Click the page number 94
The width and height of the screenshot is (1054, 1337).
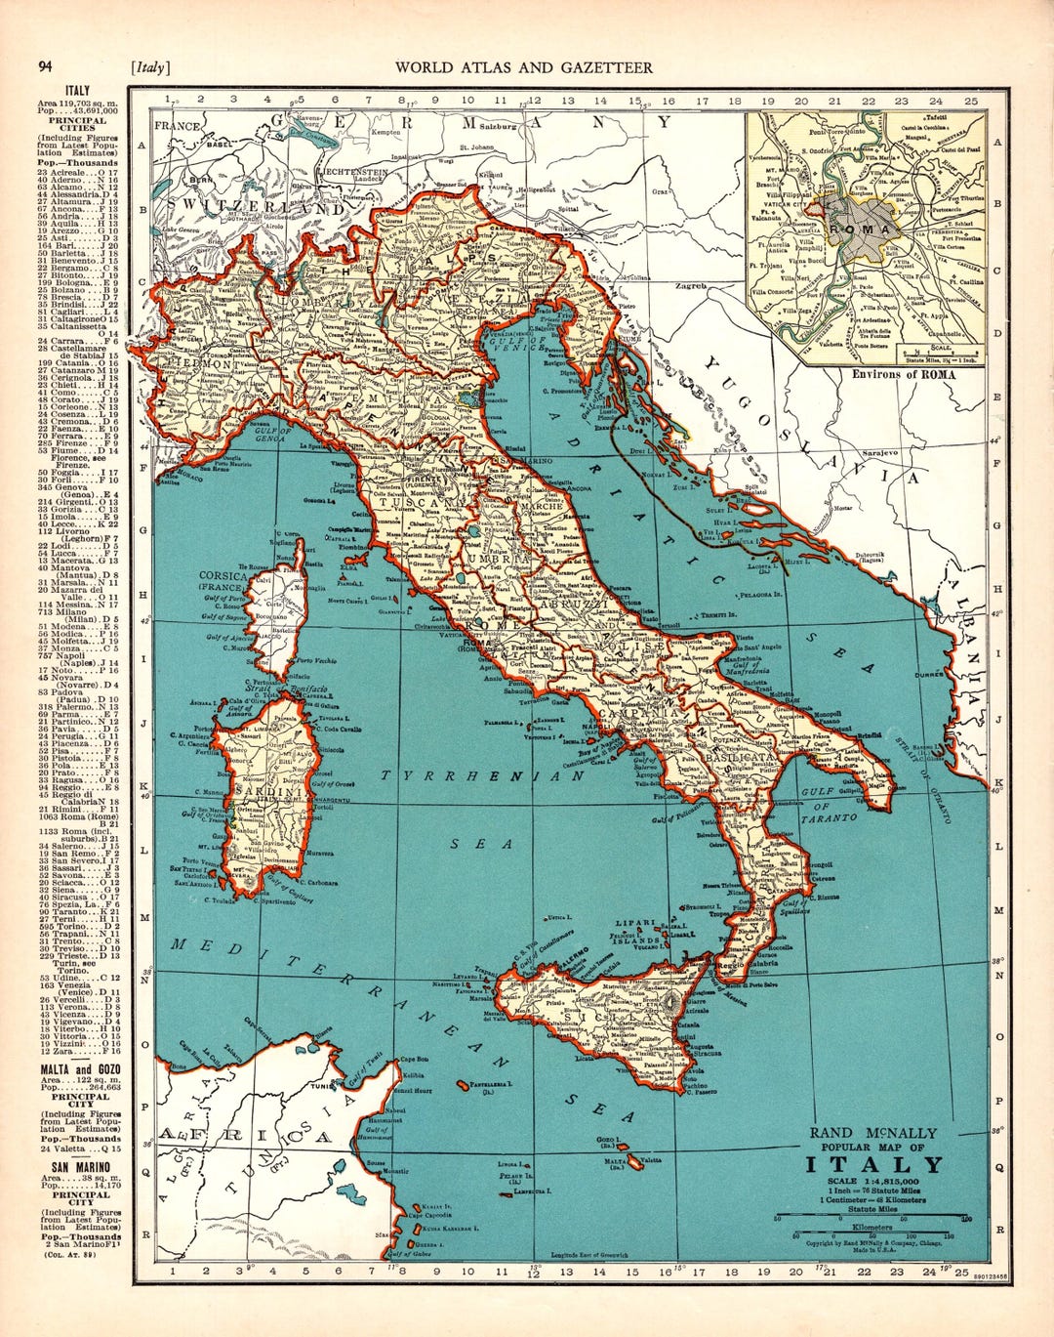tap(45, 66)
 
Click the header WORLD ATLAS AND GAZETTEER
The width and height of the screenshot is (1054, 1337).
tap(523, 67)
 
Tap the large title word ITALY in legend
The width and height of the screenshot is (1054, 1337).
tap(874, 1164)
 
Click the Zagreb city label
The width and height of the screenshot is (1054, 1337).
tap(692, 287)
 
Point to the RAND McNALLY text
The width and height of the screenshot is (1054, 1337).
tap(872, 1133)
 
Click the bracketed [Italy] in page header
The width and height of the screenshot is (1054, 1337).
tap(149, 67)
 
